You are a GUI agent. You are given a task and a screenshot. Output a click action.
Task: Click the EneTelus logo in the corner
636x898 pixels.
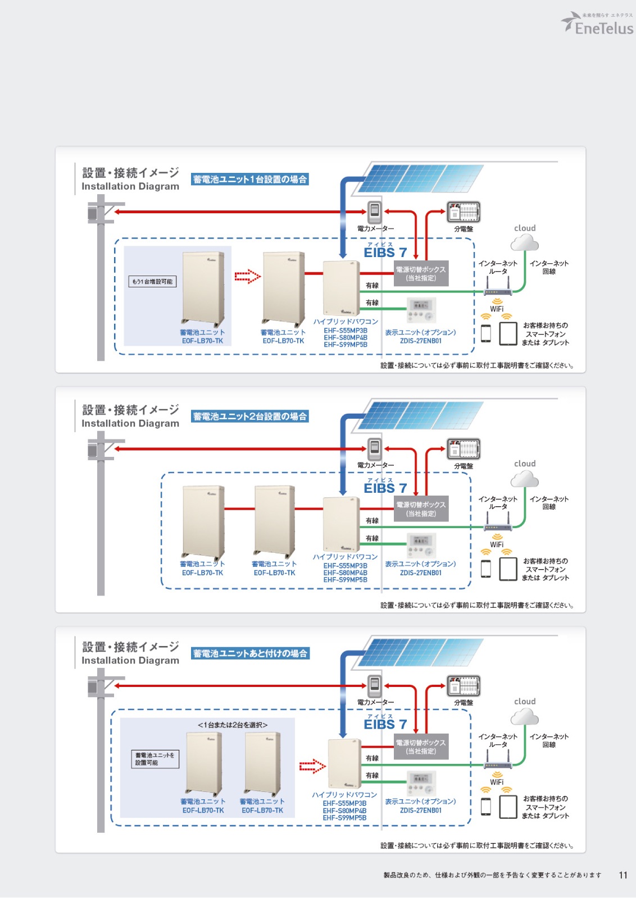coord(598,24)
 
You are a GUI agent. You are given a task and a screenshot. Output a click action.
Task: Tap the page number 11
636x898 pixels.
coord(623,875)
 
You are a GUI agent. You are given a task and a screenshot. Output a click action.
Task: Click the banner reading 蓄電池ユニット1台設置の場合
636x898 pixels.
coord(249,180)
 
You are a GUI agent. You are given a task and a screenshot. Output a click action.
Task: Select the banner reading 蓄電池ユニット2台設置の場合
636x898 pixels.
coord(249,416)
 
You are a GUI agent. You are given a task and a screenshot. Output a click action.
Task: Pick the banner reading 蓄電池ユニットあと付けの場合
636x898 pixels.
coord(250,654)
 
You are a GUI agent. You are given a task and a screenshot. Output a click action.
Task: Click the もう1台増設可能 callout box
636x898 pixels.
coord(152,281)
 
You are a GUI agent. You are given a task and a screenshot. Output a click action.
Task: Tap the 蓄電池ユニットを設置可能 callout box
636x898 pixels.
coord(155,759)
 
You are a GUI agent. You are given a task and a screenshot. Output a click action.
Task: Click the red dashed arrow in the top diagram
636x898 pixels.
coord(247,276)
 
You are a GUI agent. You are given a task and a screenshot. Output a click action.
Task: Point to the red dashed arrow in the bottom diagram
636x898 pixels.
coord(312,766)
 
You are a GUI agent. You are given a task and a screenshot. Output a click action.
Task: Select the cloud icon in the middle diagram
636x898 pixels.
coord(524,479)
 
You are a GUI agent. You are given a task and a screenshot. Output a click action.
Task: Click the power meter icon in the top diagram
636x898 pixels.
coord(375,212)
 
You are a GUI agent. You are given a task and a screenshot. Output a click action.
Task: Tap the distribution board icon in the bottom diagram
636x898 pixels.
coord(464,685)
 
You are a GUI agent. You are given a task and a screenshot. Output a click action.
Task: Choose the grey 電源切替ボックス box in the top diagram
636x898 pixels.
coord(421,273)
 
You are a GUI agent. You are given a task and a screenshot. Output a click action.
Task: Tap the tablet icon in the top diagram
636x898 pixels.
coord(508,334)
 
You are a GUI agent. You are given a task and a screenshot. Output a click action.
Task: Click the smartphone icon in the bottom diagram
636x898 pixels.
coord(486,807)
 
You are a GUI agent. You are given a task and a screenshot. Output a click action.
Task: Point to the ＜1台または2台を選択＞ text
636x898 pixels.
coord(232,725)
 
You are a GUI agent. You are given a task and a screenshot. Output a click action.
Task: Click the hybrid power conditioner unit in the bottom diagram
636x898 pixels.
coord(344,763)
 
